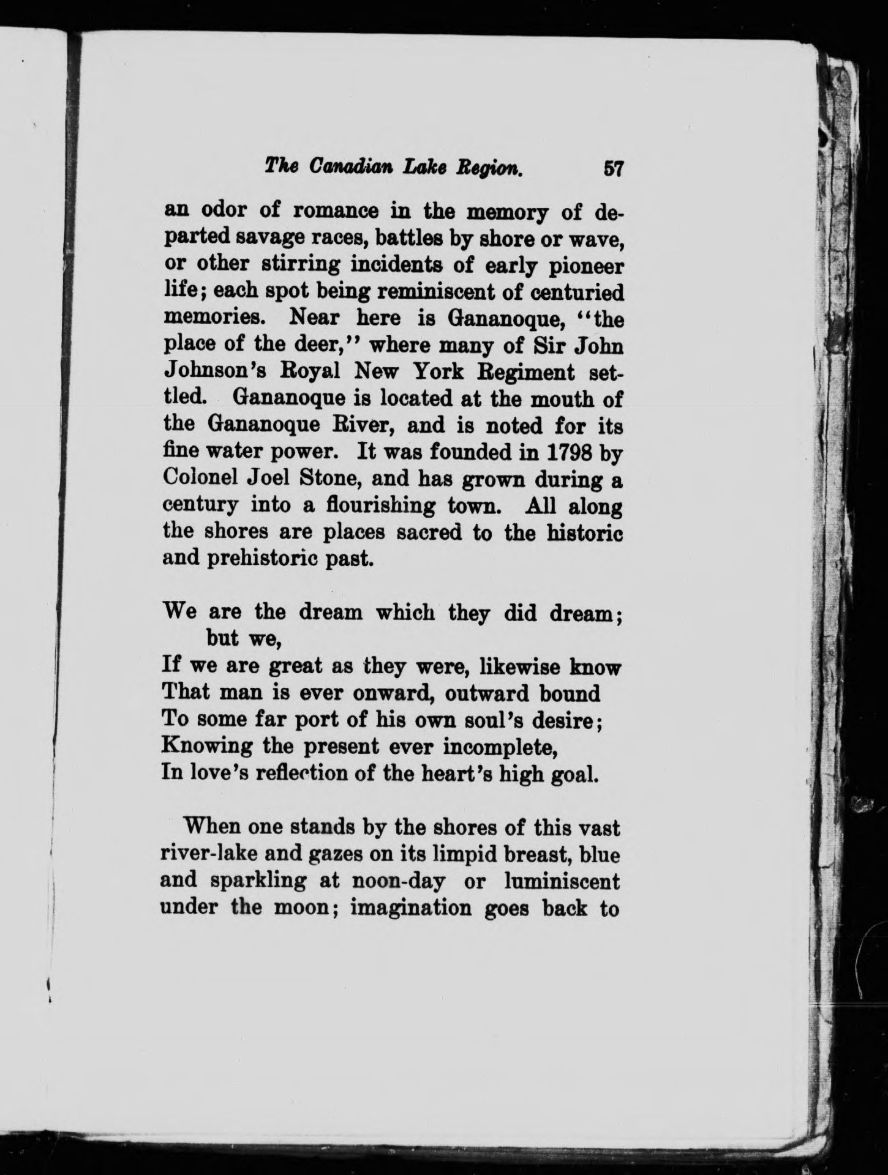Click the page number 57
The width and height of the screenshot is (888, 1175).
(x=612, y=168)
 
